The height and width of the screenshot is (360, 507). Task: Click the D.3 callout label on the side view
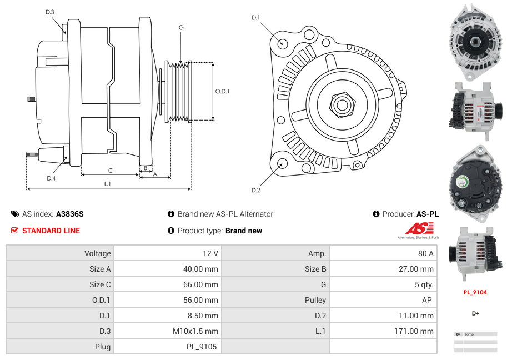50,12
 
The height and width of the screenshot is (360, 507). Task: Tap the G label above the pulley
182,28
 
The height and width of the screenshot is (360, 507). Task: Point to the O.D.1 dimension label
222,92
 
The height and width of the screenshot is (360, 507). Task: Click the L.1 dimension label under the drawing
108,183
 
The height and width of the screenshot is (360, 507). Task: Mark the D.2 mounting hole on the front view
282,163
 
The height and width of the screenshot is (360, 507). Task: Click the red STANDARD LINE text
51,231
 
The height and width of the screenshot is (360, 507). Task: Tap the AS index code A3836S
70,214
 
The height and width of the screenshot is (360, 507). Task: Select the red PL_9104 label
475,292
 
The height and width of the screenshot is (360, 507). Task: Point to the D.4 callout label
51,178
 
